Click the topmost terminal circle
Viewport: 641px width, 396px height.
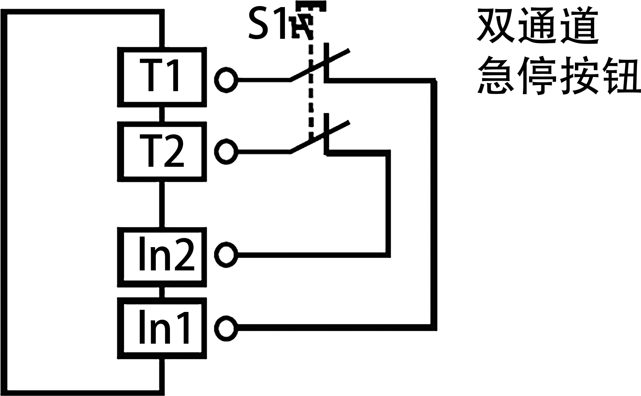click(226, 80)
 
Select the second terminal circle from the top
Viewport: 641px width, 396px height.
click(226, 152)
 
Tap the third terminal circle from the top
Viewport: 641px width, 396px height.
click(226, 255)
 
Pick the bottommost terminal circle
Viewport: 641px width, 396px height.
click(226, 328)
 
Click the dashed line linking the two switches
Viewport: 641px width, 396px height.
click(311, 101)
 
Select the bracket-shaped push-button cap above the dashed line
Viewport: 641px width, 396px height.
click(311, 6)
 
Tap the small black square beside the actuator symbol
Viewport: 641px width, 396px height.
click(266, 23)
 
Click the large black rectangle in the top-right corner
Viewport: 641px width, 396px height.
click(558, 50)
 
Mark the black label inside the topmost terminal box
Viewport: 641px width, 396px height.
click(158, 75)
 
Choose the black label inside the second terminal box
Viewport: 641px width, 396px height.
click(162, 150)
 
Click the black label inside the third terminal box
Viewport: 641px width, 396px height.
click(167, 253)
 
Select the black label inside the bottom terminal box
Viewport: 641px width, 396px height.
click(164, 326)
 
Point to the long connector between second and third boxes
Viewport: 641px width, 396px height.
click(162, 205)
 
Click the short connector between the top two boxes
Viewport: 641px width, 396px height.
click(162, 114)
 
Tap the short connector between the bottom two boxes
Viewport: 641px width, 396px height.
click(162, 292)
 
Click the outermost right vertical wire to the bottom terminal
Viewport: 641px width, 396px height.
click(434, 203)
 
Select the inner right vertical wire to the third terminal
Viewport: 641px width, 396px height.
click(388, 203)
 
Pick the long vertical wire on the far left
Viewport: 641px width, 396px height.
click(4, 203)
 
